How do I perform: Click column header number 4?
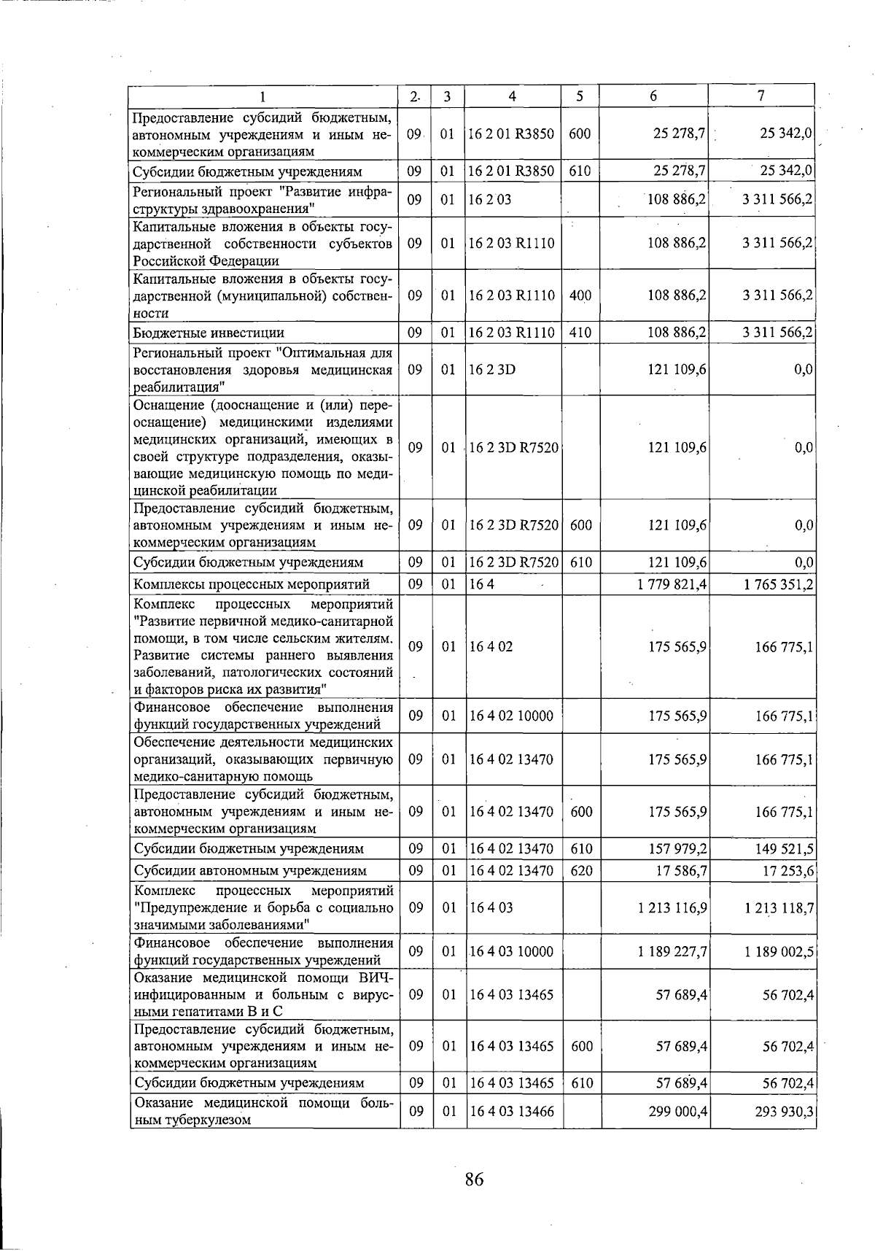coord(513,96)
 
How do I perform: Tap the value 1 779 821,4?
coord(672,584)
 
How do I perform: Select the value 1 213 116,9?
coord(672,907)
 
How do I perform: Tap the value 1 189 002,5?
coord(778,950)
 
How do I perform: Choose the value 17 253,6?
coord(787,870)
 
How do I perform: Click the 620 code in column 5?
coord(580,870)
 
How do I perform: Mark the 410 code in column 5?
coord(580,333)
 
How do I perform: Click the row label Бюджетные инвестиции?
coord(209,333)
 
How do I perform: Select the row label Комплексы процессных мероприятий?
coord(251,584)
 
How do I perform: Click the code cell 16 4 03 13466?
coord(512,1110)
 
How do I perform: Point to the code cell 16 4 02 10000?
coord(512,716)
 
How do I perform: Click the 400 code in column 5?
coord(580,295)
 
